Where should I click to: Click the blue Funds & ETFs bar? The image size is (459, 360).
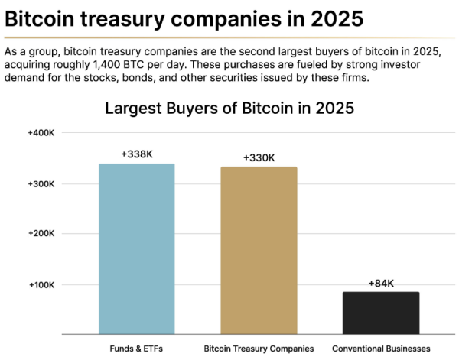pos(137,248)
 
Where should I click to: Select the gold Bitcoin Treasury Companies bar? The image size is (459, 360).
pos(259,250)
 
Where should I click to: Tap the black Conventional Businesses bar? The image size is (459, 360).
pos(381,313)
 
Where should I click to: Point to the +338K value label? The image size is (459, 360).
pos(137,154)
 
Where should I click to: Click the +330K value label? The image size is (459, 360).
pos(259,157)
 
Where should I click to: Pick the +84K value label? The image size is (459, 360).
pos(381,283)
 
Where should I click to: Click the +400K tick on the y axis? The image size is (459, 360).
pos(41,133)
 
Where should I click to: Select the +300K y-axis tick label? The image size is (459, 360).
pos(41,184)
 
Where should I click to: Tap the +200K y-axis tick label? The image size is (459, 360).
pos(41,234)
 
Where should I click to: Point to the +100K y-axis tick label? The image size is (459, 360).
pos(41,284)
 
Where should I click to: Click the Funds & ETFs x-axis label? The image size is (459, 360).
pos(137,349)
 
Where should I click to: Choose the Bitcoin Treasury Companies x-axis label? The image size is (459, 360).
pos(259,349)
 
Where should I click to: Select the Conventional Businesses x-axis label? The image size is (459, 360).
pos(381,349)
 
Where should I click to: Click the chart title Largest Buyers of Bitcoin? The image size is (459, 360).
pos(229,108)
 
